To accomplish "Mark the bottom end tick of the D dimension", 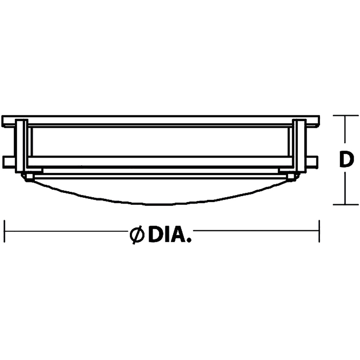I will coord(345,205).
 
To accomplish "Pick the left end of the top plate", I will coord(7,121).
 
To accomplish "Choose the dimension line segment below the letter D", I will coord(345,187).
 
